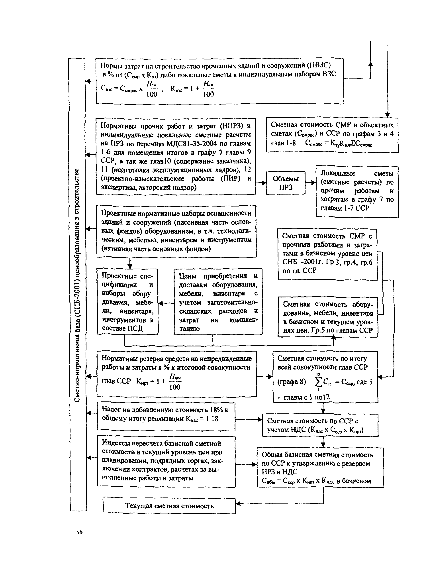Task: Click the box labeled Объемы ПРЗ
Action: [x=286, y=183]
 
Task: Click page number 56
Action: [x=79, y=532]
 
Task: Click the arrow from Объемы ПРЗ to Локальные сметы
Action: [x=311, y=183]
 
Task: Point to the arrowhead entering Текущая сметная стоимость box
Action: [x=238, y=504]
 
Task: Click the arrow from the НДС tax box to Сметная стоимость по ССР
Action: [x=249, y=419]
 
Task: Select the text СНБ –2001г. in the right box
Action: [x=302, y=262]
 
